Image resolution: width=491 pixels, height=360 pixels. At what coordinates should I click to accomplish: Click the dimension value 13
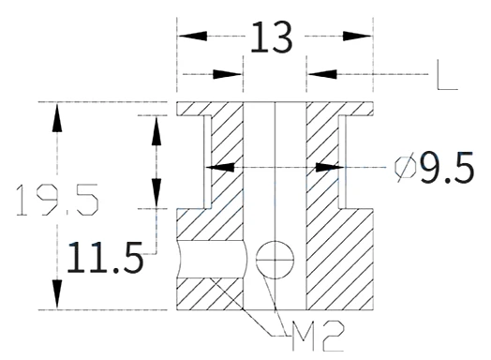point(272,37)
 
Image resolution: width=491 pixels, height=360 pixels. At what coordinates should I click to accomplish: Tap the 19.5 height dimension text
point(57,200)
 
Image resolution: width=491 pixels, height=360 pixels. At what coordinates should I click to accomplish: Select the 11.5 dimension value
point(105,257)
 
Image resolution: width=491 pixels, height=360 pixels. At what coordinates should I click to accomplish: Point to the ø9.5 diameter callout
point(435,167)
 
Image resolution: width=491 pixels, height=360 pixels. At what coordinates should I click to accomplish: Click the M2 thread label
point(318,336)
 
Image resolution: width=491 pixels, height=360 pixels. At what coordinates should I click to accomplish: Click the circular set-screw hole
point(275,260)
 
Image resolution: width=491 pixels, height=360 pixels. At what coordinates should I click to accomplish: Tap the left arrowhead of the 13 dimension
point(192,36)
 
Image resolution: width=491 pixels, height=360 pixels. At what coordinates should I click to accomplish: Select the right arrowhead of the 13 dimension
point(357,36)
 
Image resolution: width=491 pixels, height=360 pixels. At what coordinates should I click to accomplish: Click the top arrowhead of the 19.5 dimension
point(57,117)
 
